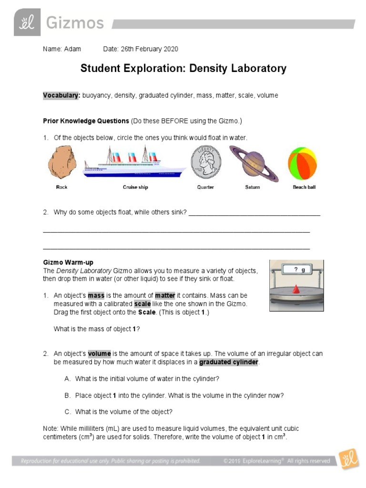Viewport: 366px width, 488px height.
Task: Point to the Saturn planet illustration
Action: (x=252, y=163)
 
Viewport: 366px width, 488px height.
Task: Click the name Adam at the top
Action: (x=72, y=49)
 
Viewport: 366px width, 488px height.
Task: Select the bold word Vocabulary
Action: (x=61, y=95)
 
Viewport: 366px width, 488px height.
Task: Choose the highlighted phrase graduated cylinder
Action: (x=228, y=362)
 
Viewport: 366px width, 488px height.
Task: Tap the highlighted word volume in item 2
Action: (x=99, y=354)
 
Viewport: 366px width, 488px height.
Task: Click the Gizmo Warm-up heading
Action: (x=68, y=263)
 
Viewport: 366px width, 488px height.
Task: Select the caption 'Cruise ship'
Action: (x=135, y=187)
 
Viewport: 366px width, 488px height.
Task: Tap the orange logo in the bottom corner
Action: (x=348, y=460)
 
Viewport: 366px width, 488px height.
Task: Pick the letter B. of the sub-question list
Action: (x=67, y=396)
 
